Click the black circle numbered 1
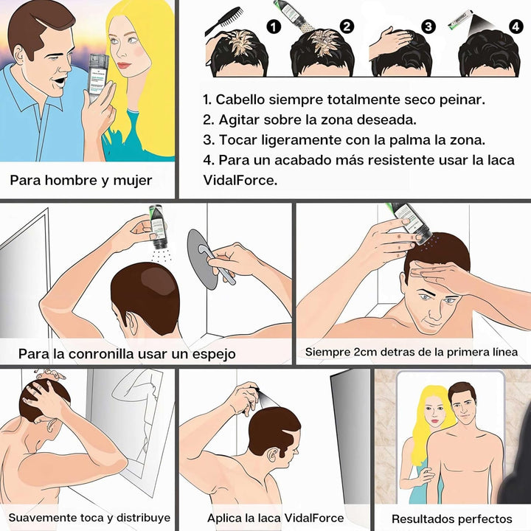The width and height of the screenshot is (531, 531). [x=274, y=27]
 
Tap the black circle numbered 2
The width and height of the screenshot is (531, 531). [x=347, y=27]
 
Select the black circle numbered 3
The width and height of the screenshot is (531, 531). [x=428, y=27]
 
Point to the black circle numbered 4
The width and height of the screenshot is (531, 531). [x=516, y=27]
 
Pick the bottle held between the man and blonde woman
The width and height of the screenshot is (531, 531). [x=98, y=79]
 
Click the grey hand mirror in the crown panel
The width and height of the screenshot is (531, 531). [x=206, y=259]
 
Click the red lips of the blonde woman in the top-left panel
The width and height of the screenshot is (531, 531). [x=124, y=65]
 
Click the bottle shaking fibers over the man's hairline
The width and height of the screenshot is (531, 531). [x=411, y=223]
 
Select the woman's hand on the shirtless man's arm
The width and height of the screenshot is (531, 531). [x=424, y=475]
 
